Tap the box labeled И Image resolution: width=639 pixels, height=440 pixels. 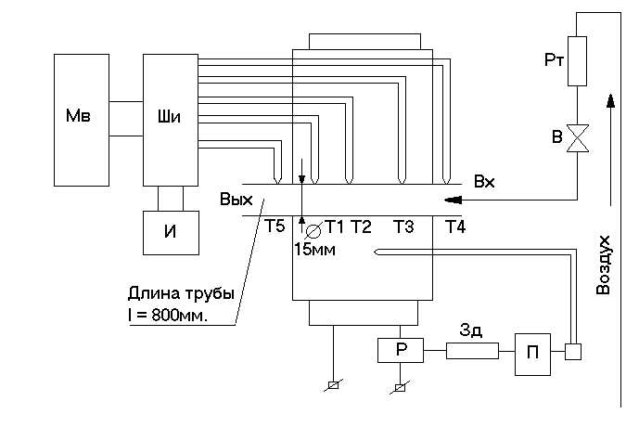[x=171, y=232]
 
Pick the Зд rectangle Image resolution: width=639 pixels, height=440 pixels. [x=473, y=351]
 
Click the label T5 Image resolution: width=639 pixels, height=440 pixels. [x=275, y=227]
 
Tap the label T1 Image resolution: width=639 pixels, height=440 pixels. [x=335, y=227]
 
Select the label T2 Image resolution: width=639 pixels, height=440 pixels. [x=362, y=227]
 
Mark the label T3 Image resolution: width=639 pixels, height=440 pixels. [x=403, y=227]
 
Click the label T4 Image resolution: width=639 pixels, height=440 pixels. [x=454, y=227]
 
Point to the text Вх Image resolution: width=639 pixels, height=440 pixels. [x=484, y=182]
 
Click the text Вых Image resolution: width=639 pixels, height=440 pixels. [x=236, y=200]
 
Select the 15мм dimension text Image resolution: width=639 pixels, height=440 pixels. [x=314, y=249]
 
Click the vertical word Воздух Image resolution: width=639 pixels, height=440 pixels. [x=603, y=265]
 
